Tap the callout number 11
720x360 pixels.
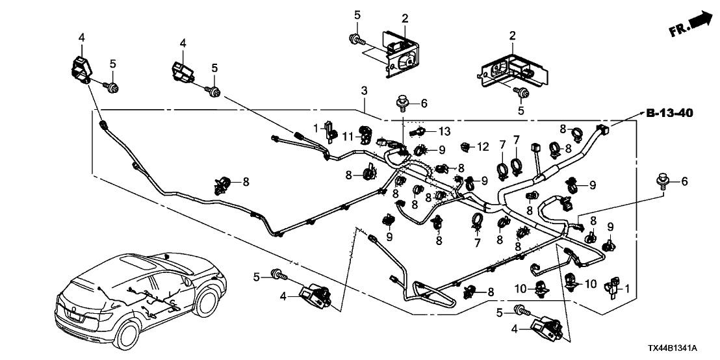point(348,136)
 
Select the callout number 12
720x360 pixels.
point(483,147)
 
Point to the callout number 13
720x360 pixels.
point(443,131)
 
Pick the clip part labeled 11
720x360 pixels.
point(366,136)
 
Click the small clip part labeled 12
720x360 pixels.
point(466,146)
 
